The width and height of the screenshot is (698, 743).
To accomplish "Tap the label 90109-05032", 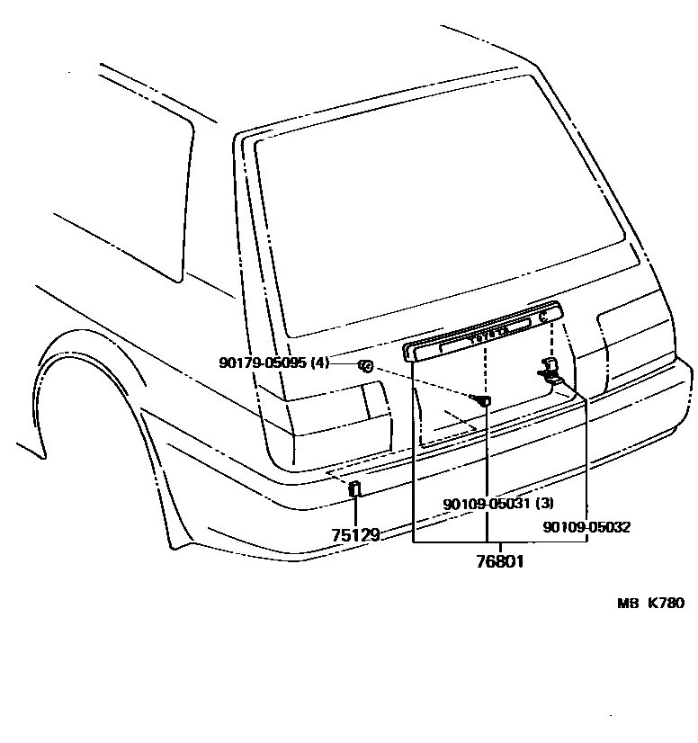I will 586,527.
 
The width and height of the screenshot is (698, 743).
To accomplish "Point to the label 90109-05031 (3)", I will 497,504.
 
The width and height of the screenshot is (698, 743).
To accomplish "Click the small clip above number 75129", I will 355,489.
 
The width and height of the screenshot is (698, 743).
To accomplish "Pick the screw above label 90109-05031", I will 483,399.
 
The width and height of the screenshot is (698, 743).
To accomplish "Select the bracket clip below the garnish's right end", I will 550,370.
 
